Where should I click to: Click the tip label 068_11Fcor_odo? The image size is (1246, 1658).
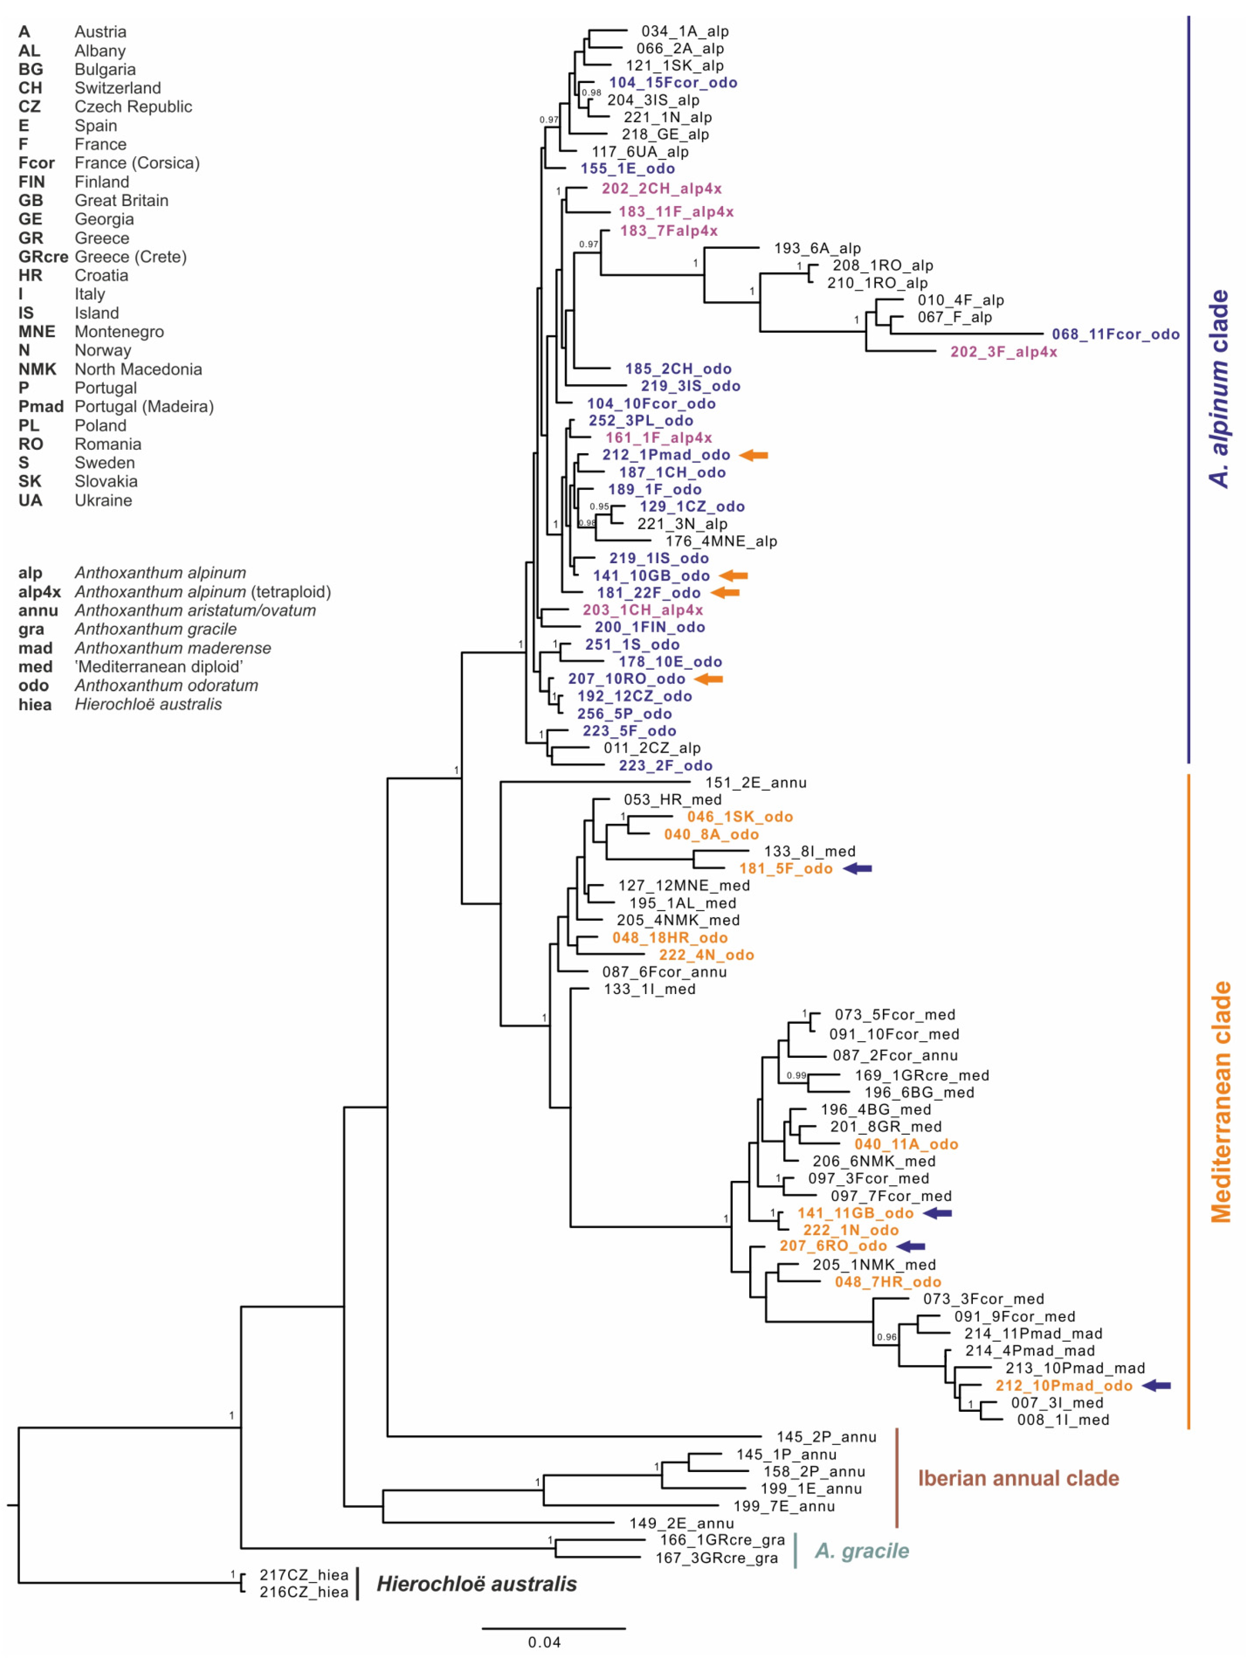point(1115,334)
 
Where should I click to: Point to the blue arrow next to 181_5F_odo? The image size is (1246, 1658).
point(858,868)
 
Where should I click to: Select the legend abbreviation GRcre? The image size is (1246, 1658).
point(43,257)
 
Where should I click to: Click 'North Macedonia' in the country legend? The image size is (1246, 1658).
point(138,369)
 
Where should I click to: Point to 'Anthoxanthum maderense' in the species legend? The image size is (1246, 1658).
point(172,648)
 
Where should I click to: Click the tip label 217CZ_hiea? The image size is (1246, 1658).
point(304,1575)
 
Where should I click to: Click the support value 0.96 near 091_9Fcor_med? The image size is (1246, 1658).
point(886,1337)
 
